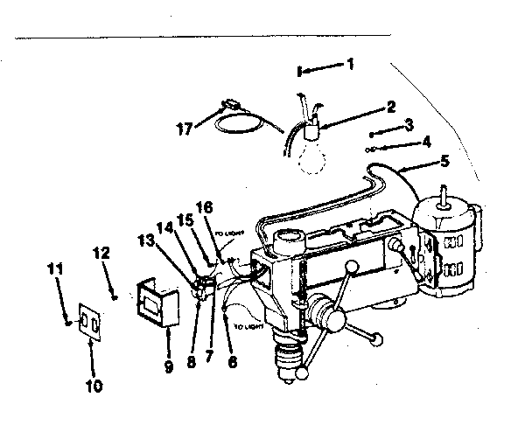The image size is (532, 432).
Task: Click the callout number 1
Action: [351, 64]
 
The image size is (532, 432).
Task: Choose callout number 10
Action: [94, 385]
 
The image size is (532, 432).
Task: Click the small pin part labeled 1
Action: [300, 70]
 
